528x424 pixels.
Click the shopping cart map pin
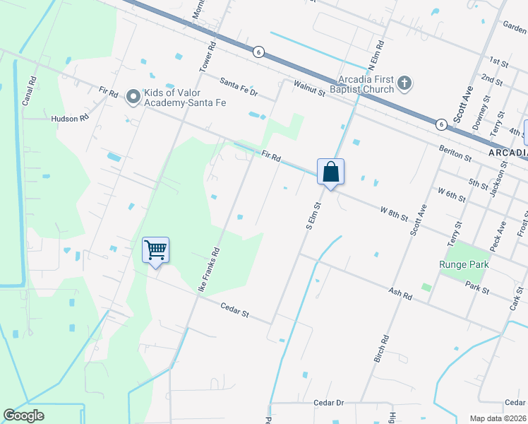point(155,250)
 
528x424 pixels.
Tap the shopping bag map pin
point(330,172)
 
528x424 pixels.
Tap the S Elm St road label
point(313,217)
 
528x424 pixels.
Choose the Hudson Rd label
point(69,119)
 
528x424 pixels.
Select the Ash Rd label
point(400,293)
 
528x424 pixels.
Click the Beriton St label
point(455,151)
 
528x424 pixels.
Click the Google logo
point(23,416)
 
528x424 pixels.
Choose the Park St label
point(477,288)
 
